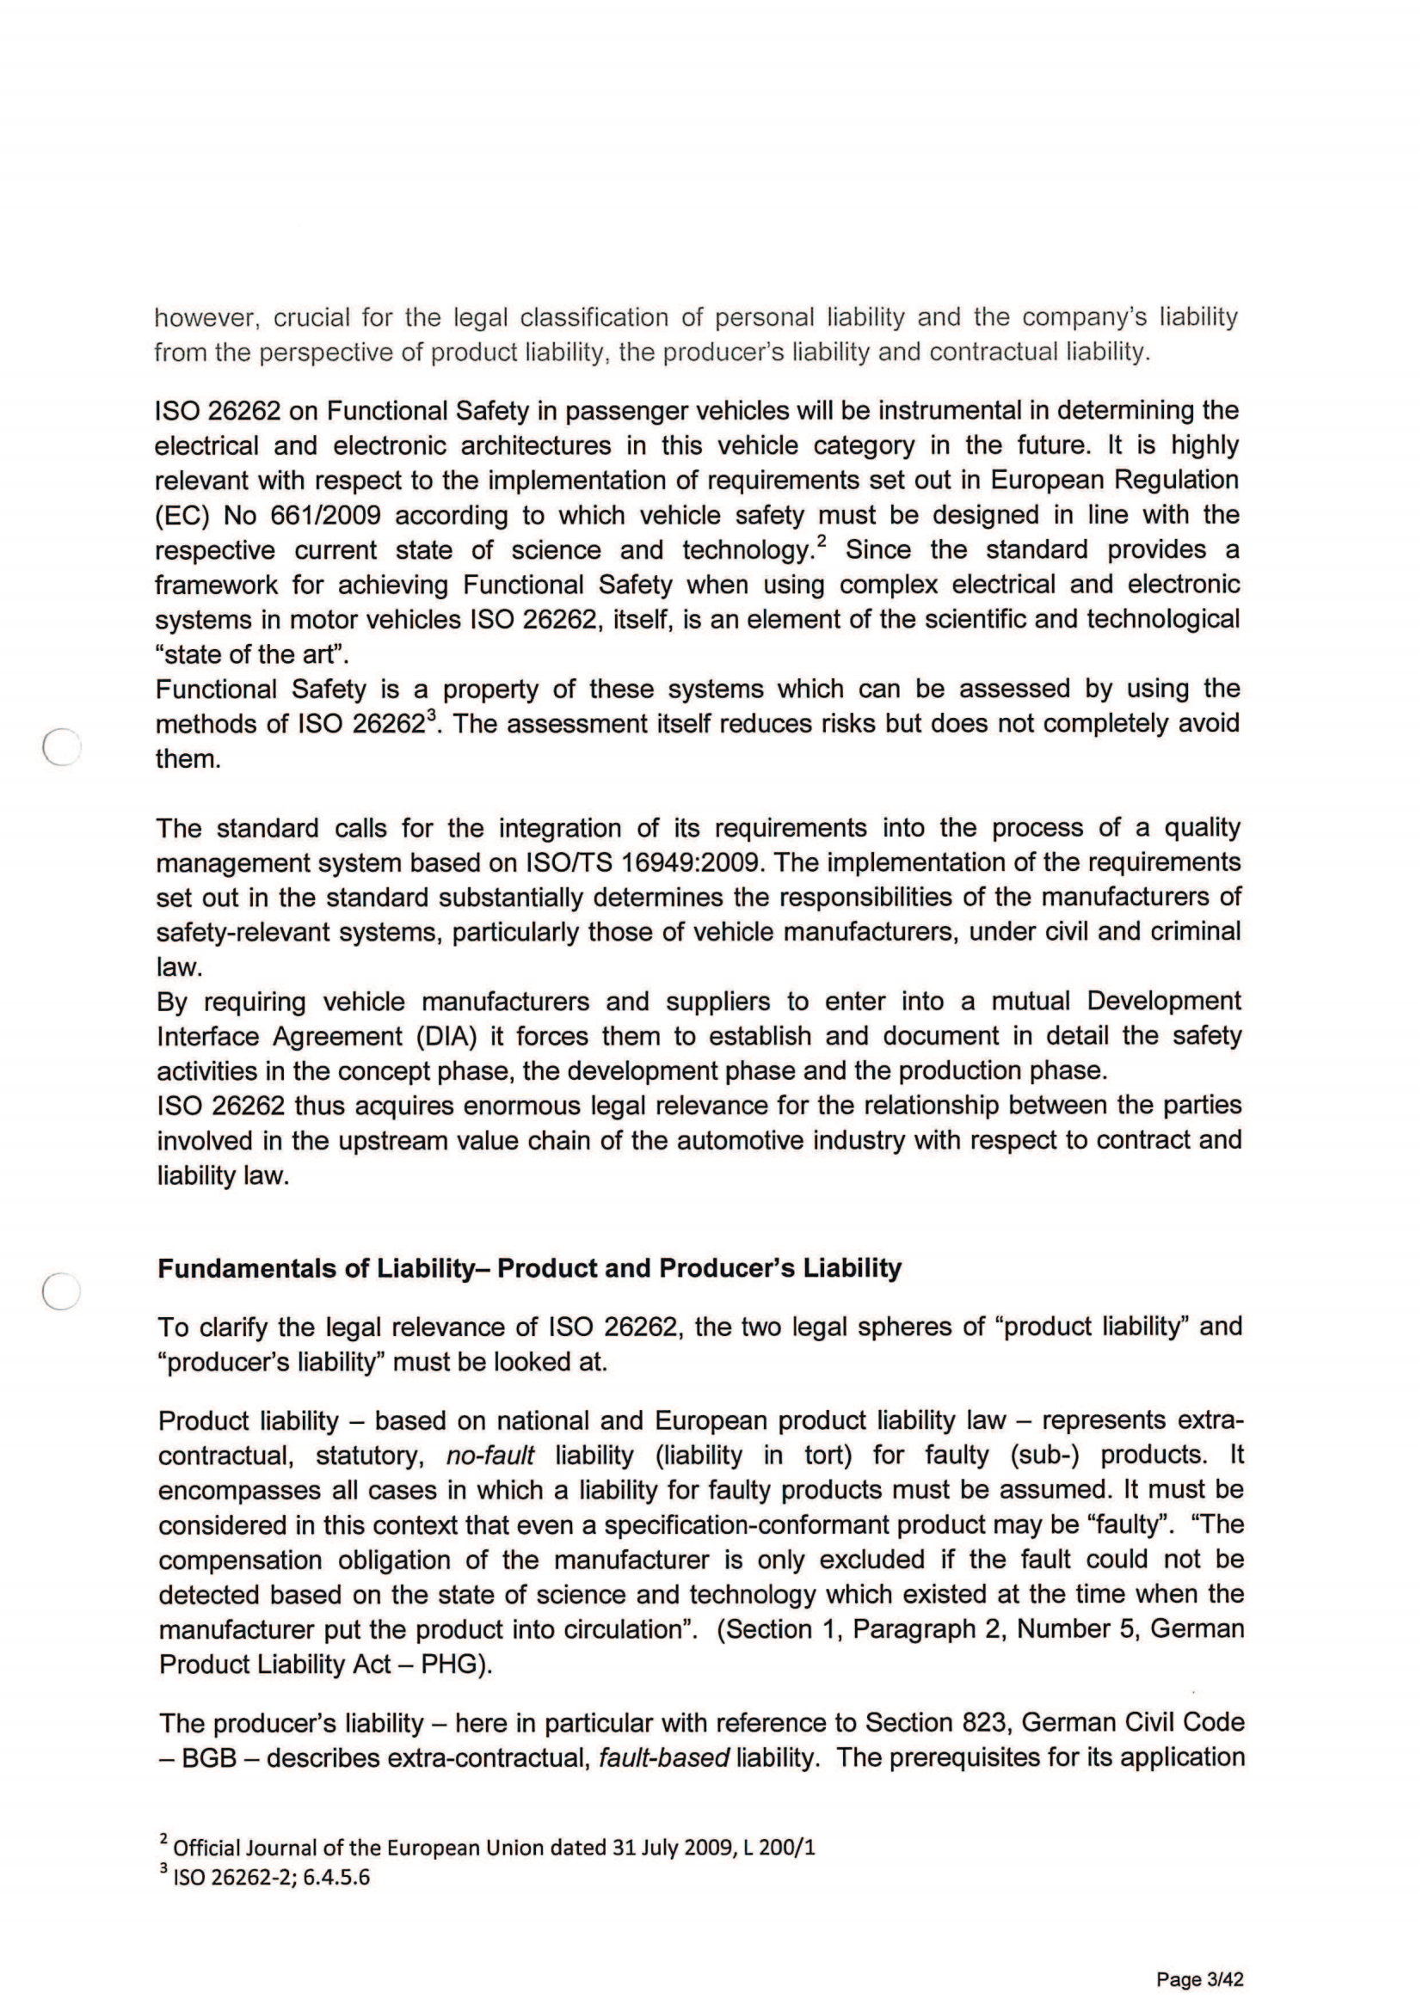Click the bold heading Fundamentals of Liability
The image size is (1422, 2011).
[529, 1268]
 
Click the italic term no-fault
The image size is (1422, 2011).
[489, 1456]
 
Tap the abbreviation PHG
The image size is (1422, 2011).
[451, 1665]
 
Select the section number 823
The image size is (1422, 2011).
[981, 1723]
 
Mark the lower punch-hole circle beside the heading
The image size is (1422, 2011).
[61, 1291]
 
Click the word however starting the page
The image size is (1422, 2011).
[205, 317]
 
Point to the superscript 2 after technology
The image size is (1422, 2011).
[821, 542]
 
